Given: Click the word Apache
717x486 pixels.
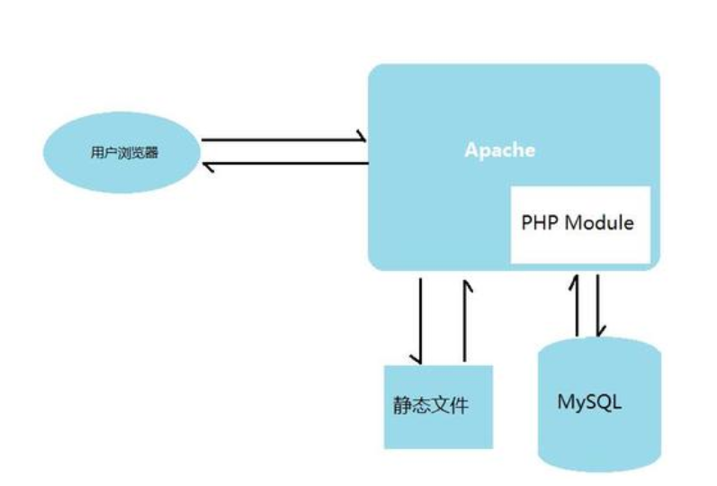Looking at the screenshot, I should click(499, 149).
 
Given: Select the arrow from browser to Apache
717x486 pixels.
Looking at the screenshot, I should click(283, 140).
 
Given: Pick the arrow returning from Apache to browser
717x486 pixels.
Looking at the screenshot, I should click(283, 164).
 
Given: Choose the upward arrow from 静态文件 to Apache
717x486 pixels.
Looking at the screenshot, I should click(466, 319).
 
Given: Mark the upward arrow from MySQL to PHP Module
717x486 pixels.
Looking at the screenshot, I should click(576, 306).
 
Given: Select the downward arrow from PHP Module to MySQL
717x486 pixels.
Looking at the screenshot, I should click(597, 306).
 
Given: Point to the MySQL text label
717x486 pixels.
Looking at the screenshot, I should click(589, 400).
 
